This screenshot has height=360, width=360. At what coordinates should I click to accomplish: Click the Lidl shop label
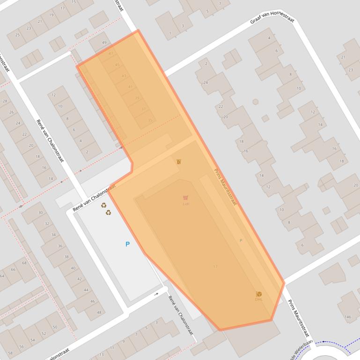186,204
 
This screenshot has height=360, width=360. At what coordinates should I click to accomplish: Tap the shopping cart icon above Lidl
186,198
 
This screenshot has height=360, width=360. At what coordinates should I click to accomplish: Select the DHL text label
259,299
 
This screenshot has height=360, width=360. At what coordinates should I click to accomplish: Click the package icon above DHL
259,294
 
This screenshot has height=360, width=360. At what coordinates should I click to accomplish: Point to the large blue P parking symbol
127,244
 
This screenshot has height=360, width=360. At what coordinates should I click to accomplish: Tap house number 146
348,317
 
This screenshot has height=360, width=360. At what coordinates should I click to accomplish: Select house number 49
104,43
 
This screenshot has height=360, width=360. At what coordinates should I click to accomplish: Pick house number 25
17,35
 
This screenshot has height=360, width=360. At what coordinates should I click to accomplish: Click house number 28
5,101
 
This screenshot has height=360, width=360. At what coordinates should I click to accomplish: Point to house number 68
25,263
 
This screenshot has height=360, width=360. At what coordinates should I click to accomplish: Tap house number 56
22,346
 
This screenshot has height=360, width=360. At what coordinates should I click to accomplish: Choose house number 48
99,313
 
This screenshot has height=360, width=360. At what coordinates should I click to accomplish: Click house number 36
60,246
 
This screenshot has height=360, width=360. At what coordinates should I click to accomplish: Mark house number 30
41,213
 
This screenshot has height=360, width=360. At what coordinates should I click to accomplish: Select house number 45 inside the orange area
117,65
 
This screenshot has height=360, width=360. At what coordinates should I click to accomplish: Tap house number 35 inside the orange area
150,121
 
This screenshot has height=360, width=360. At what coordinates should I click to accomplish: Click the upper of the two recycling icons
104,205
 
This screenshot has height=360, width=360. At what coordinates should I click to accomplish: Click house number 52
44,333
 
